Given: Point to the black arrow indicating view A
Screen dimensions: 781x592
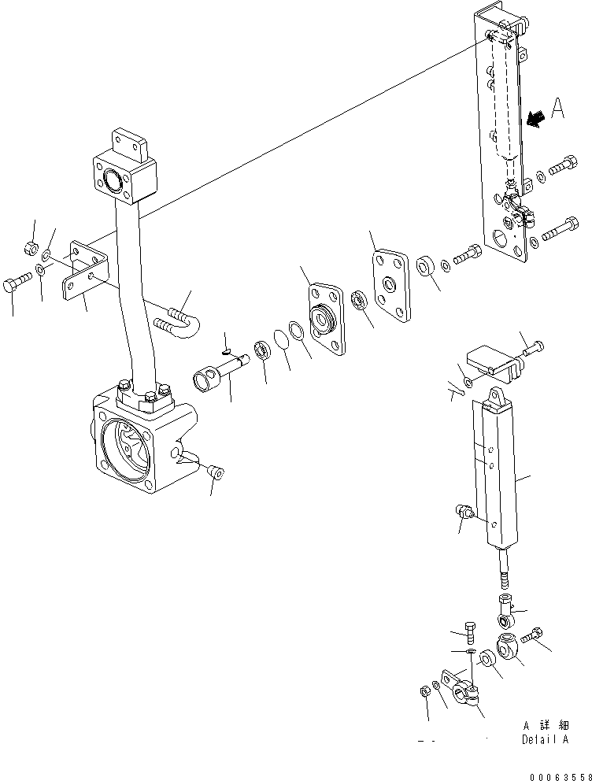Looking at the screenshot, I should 536,118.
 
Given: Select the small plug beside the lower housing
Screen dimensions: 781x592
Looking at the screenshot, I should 216,472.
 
